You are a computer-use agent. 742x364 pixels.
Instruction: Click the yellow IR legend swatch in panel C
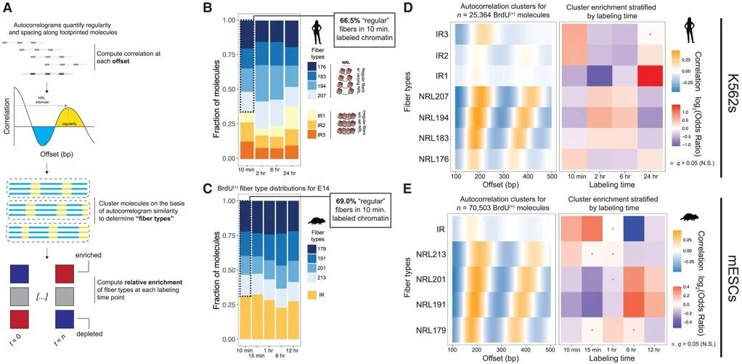[x=311, y=295]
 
